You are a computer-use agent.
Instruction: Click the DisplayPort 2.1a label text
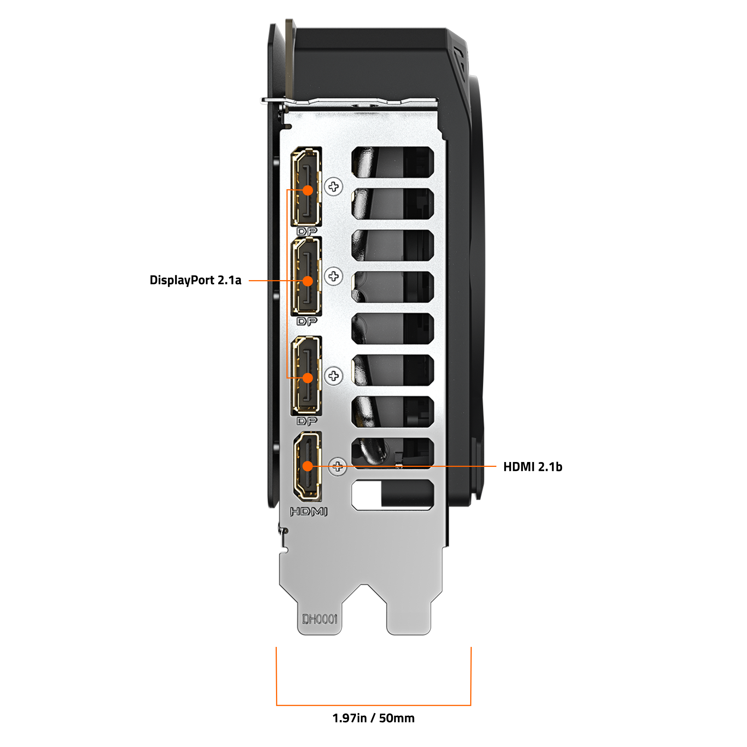(x=195, y=280)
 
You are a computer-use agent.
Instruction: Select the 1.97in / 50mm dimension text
(x=373, y=718)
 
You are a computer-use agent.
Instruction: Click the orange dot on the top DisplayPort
(x=308, y=190)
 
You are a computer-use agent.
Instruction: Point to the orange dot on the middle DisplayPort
(x=308, y=281)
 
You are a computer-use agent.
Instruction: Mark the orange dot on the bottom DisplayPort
(x=308, y=378)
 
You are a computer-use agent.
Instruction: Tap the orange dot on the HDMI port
(x=308, y=466)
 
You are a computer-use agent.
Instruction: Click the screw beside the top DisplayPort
(x=333, y=187)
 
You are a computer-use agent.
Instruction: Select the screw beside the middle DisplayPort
(x=333, y=276)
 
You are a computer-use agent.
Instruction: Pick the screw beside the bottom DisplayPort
(x=333, y=376)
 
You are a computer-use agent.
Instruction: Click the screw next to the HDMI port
(x=338, y=467)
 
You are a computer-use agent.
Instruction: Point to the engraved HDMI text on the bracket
(x=309, y=512)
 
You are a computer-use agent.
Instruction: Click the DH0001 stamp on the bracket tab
(x=320, y=619)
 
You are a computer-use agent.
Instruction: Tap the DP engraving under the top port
(x=307, y=231)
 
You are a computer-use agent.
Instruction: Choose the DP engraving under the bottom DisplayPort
(x=307, y=421)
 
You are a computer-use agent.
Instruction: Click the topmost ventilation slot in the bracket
(x=393, y=162)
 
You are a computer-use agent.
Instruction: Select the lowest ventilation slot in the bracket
(x=393, y=495)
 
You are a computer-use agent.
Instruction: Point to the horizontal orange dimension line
(x=373, y=705)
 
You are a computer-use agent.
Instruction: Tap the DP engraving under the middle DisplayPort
(x=307, y=321)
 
